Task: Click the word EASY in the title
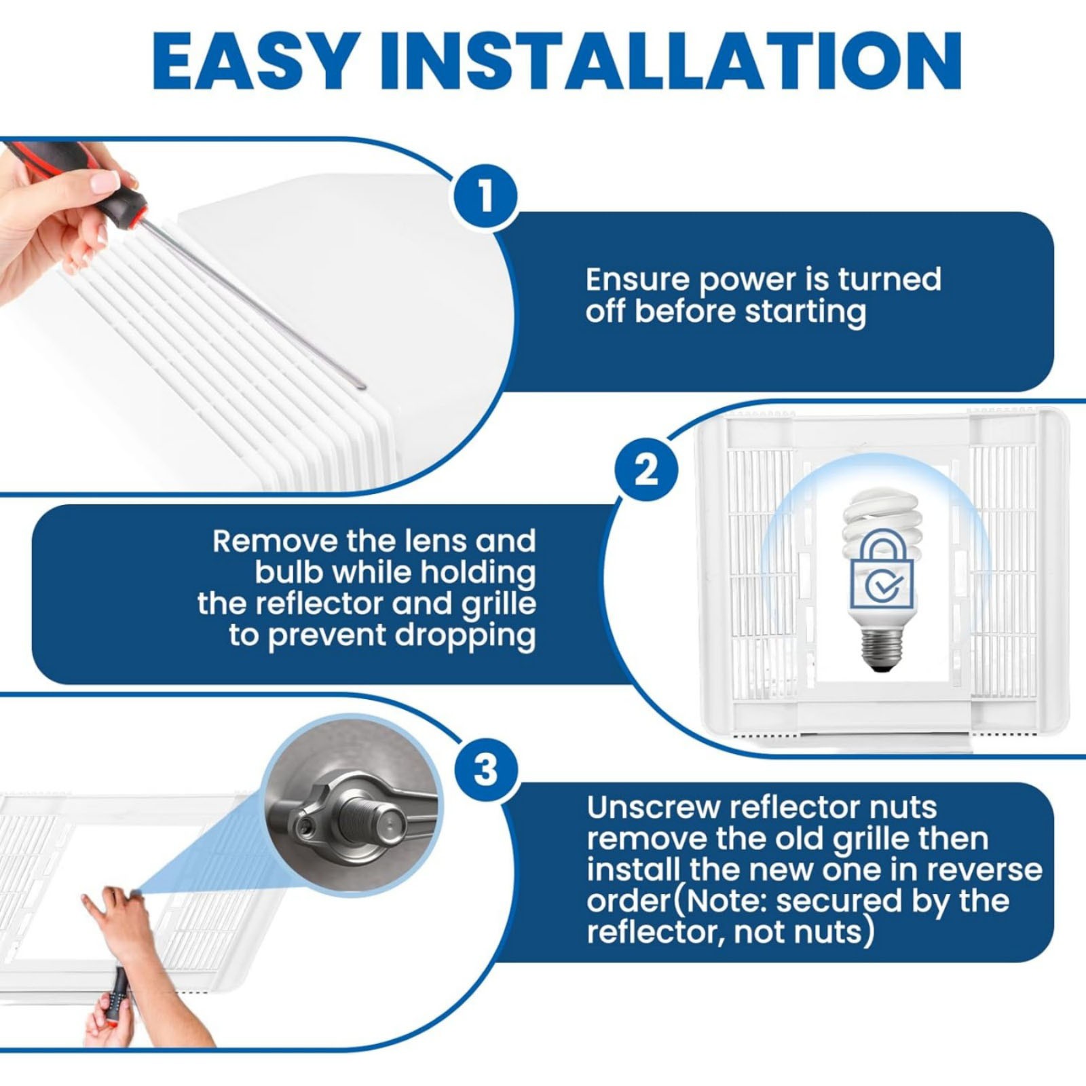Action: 255,61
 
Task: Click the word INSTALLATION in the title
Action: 671,61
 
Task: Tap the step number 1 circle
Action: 485,196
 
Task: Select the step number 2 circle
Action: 645,469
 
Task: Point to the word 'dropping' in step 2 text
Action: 466,637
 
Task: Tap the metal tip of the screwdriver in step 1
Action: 360,386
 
